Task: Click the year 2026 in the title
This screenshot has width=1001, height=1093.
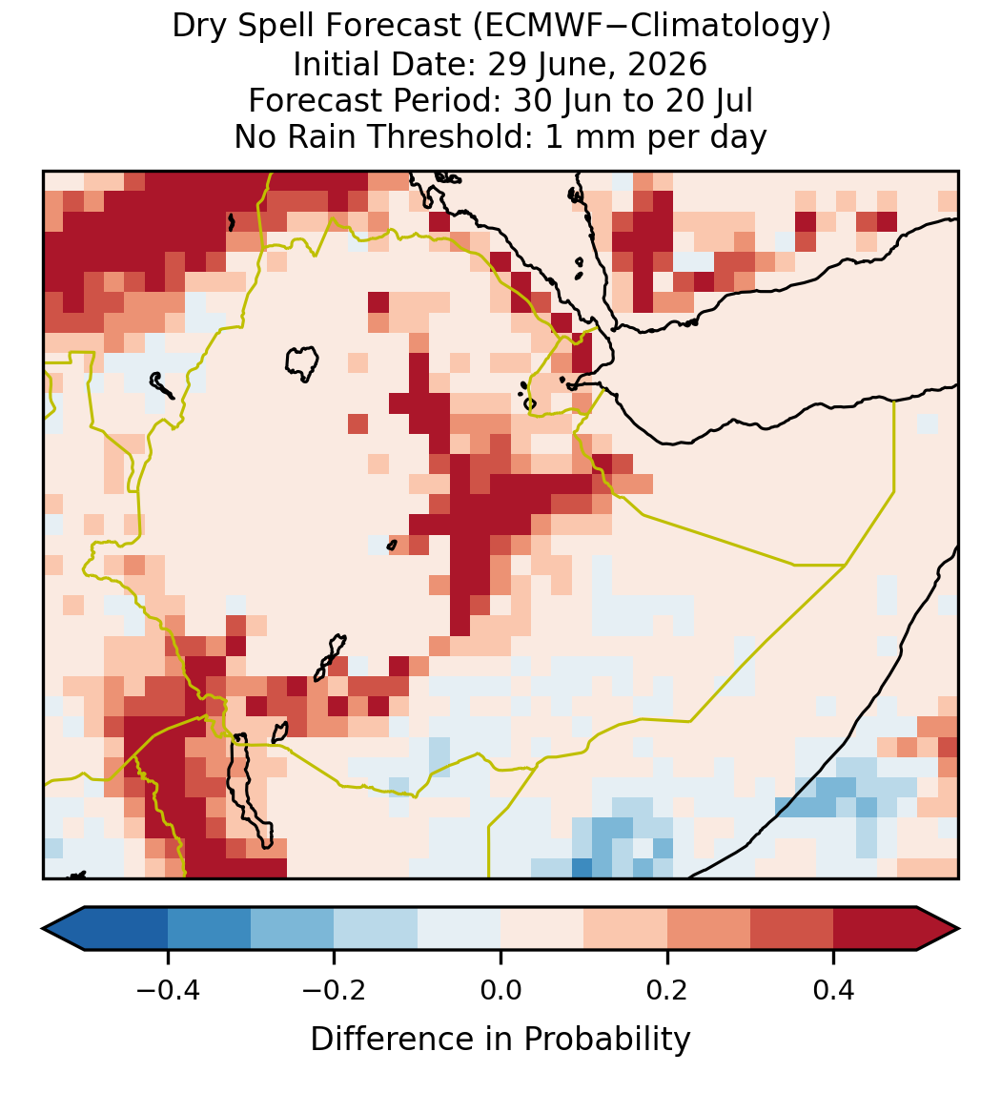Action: coord(667,64)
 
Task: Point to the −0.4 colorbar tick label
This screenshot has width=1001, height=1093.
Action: coord(168,989)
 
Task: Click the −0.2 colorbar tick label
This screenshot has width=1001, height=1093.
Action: coord(335,989)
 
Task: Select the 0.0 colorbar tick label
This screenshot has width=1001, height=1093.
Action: coord(500,989)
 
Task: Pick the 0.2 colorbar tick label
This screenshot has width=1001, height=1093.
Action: coord(667,989)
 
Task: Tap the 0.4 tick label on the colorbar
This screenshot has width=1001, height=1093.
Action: coord(834,989)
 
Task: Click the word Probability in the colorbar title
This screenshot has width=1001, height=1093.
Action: coord(606,1040)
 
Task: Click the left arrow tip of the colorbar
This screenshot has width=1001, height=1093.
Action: coord(43,929)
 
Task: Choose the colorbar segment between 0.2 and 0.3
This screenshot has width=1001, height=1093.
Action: coord(708,929)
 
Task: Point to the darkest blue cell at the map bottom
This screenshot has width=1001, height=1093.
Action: coord(582,868)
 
